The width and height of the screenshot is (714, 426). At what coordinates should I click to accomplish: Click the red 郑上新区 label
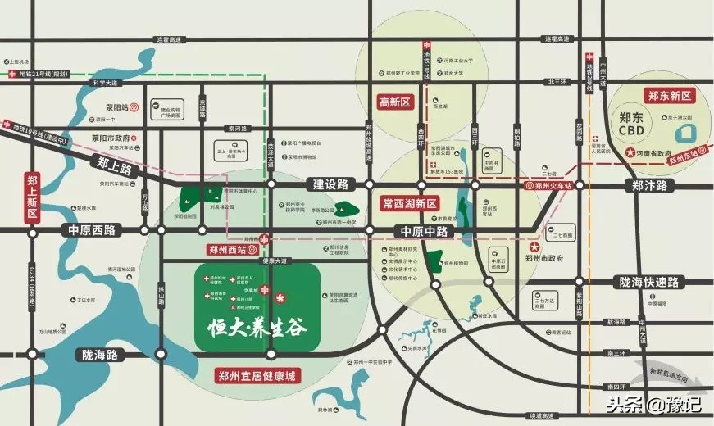(x=33, y=197)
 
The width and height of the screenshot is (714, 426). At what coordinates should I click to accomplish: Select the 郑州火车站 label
(x=554, y=186)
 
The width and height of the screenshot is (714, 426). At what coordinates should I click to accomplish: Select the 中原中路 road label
(x=424, y=231)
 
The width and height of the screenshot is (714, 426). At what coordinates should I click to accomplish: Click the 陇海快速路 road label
(x=649, y=282)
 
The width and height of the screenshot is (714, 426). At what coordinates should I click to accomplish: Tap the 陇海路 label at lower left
(x=100, y=355)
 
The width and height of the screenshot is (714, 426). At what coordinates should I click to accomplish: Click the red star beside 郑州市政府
(x=534, y=247)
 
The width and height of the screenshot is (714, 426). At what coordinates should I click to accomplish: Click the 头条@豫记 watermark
(x=653, y=404)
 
